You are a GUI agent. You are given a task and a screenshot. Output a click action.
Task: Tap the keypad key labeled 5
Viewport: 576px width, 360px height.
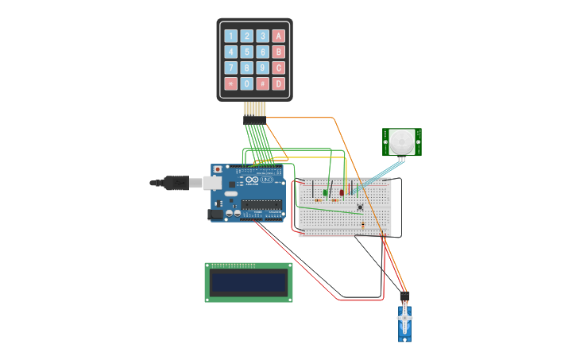tap(246, 52)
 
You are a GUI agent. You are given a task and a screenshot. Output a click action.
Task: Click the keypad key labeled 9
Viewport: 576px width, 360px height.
tap(262, 68)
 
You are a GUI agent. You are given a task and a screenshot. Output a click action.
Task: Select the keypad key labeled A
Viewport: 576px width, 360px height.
tap(278, 36)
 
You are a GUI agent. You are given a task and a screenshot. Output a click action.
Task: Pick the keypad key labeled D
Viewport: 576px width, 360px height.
tap(278, 83)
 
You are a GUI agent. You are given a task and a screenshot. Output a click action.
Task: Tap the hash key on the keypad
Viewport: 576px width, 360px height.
tap(262, 83)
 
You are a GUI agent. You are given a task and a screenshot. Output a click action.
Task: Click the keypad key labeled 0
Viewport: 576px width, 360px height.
tap(246, 83)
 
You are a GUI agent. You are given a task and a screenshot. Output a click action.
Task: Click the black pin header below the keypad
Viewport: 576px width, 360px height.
tap(254, 120)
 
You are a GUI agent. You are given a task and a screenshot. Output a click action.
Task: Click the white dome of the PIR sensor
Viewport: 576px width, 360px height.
tap(401, 143)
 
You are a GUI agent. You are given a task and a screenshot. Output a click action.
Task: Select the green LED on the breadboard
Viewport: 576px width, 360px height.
tap(326, 192)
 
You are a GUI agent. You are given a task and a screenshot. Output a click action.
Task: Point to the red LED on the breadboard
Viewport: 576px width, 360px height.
tap(342, 192)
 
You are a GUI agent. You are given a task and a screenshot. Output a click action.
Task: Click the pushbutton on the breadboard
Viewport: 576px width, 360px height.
tap(360, 207)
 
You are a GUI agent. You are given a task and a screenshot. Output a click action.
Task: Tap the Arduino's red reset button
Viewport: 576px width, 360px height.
tap(217, 169)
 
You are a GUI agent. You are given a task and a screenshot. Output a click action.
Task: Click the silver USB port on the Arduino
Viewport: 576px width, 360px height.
tap(212, 183)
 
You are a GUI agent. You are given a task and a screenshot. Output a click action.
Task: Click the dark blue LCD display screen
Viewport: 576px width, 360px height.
tap(249, 282)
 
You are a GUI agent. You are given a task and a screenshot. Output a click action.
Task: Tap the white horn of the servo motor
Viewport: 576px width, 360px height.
tap(404, 318)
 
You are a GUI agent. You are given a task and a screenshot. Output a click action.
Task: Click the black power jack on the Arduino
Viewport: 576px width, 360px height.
tap(215, 214)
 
